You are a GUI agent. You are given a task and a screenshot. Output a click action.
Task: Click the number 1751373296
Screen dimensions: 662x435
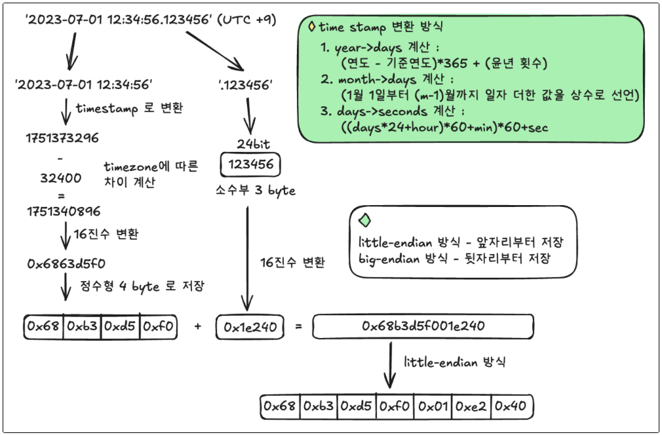coord(62,138)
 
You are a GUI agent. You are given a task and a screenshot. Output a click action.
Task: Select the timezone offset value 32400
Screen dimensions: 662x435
coord(61,178)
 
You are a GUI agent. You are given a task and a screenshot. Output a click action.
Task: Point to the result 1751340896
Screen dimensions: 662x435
coord(64,211)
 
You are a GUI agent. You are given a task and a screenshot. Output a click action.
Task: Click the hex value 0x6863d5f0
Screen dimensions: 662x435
coord(66,264)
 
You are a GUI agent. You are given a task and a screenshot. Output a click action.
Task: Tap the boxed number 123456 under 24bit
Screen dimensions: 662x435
coord(250,164)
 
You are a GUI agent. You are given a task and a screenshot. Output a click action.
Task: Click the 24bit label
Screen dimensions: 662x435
coord(253,144)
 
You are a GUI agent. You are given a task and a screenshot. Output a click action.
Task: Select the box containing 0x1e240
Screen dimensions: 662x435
coord(250,327)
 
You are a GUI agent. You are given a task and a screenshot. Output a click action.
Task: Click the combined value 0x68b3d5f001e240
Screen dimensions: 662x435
coord(423,326)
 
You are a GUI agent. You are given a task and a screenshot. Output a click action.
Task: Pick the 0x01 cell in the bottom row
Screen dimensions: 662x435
coord(433,406)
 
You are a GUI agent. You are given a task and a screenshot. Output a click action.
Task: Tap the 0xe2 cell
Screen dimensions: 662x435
coord(471,406)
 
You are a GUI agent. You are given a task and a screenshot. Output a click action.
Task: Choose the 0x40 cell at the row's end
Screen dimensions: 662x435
coord(511,406)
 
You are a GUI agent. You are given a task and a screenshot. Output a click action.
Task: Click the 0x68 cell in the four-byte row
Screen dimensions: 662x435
coord(43,326)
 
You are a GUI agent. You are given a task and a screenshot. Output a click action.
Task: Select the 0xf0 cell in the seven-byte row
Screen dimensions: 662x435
coord(395,406)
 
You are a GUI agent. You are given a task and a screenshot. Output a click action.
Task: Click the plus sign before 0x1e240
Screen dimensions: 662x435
coord(197,326)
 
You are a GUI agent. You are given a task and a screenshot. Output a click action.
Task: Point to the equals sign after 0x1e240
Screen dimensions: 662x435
coord(298,326)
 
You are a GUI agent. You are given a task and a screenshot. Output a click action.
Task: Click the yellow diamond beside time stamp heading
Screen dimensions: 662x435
coord(312,27)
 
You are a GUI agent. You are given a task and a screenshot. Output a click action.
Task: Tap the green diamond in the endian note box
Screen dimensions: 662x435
coord(365,220)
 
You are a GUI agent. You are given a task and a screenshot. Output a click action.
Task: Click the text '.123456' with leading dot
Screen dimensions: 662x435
coord(245,85)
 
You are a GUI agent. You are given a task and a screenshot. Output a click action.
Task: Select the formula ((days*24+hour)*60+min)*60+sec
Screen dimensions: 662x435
coord(444,127)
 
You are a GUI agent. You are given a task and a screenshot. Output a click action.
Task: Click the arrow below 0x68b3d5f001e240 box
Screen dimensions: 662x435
coord(390,365)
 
